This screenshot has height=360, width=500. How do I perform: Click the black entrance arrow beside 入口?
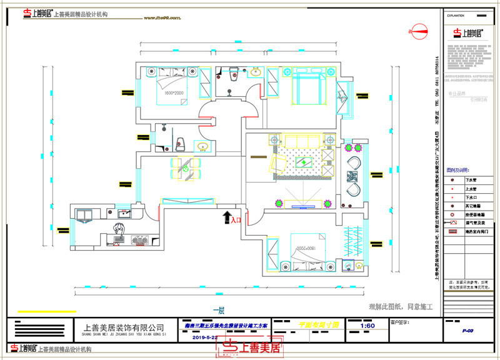pyautogui.click(x=226, y=217)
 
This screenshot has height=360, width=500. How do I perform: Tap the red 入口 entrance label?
pyautogui.click(x=236, y=220)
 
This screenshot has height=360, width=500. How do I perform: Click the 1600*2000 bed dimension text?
pyautogui.click(x=167, y=93)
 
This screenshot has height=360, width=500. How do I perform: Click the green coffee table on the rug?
pyautogui.click(x=304, y=162)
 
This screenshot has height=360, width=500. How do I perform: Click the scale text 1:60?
pyautogui.click(x=369, y=326)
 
